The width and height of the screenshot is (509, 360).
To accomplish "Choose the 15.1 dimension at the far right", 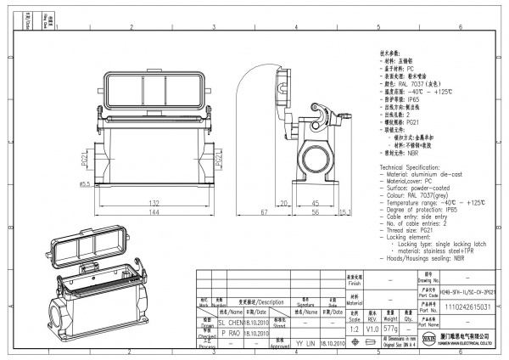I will [x=345, y=212].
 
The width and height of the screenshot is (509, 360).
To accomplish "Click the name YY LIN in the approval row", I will [x=305, y=345].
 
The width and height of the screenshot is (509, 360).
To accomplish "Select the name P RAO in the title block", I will [x=231, y=335].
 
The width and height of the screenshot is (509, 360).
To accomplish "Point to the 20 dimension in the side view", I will [x=287, y=204].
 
